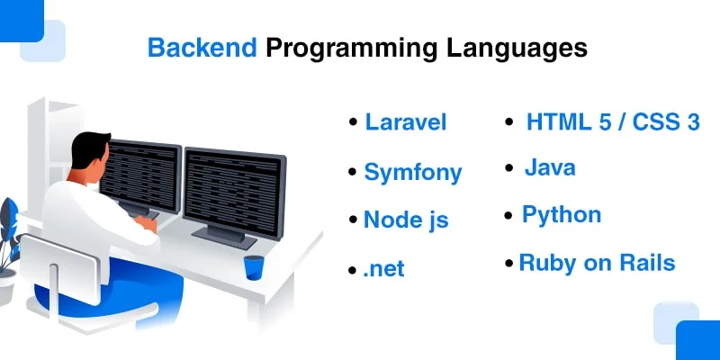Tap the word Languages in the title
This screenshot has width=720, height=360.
click(x=517, y=48)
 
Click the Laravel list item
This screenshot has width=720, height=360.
click(x=406, y=122)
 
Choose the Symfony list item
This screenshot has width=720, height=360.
click(x=413, y=172)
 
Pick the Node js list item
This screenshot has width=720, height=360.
click(x=406, y=220)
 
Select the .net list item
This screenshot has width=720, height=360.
click(x=384, y=268)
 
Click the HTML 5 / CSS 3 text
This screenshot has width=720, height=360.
click(x=613, y=122)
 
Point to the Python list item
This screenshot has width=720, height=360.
click(x=562, y=215)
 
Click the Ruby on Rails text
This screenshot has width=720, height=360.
click(x=597, y=263)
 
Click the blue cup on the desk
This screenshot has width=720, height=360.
click(x=254, y=266)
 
